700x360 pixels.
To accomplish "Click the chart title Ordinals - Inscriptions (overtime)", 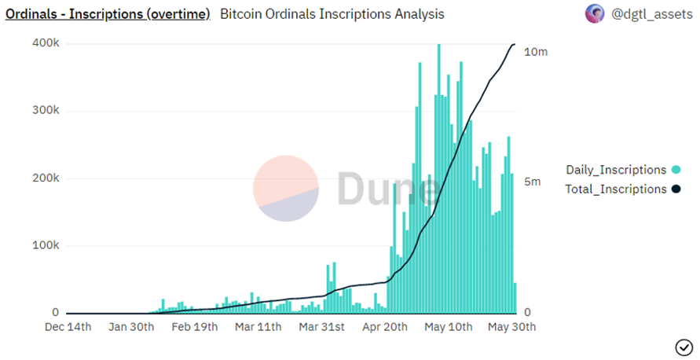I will coord(108,14).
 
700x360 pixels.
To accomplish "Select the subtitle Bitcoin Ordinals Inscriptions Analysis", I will coord(332,14).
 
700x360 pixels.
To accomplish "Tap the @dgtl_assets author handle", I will coord(647,14).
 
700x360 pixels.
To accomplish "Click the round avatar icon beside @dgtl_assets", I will coord(595,13).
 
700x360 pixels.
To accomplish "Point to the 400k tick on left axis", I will coord(46,43).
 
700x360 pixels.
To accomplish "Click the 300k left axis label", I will coord(46,111).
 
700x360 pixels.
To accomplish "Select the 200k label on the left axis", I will coord(46,178).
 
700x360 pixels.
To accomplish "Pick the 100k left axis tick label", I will coord(46,246).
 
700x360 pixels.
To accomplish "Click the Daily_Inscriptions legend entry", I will coord(616,170).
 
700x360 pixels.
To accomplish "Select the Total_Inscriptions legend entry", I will coord(615,189).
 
